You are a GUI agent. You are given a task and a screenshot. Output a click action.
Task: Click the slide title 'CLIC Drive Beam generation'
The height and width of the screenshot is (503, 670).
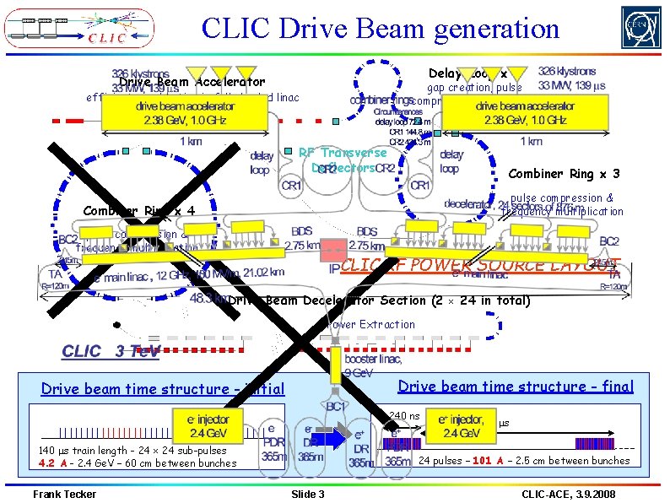(381, 29)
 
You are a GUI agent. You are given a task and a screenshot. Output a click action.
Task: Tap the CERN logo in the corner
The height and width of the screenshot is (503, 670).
(640, 27)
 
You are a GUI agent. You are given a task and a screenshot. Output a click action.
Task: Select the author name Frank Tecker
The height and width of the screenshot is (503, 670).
(64, 494)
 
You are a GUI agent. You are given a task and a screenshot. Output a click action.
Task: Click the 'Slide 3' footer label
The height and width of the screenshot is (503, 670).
(307, 494)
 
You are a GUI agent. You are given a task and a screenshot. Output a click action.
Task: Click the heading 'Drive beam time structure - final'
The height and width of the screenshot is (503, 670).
(515, 387)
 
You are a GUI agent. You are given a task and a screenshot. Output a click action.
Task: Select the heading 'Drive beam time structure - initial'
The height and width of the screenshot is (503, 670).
(163, 389)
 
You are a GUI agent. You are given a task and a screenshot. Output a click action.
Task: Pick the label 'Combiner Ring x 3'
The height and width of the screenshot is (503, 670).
(565, 175)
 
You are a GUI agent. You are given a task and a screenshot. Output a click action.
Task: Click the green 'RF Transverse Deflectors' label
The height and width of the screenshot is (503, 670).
(343, 160)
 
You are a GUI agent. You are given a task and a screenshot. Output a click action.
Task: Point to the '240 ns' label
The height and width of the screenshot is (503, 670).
(405, 415)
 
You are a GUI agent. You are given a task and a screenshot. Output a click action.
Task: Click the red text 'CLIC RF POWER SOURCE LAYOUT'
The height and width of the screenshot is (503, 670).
(480, 264)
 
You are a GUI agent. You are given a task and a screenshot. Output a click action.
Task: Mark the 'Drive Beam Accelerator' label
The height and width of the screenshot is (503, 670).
(192, 82)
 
